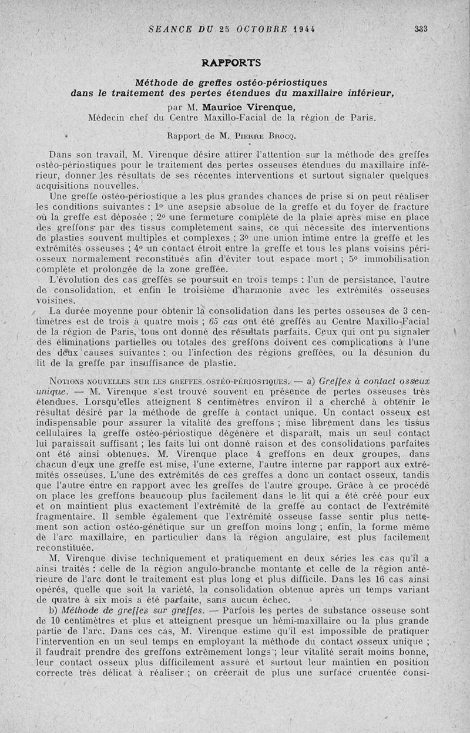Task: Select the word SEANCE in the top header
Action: pyautogui.click(x=169, y=28)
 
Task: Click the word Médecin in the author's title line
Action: pyautogui.click(x=108, y=117)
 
